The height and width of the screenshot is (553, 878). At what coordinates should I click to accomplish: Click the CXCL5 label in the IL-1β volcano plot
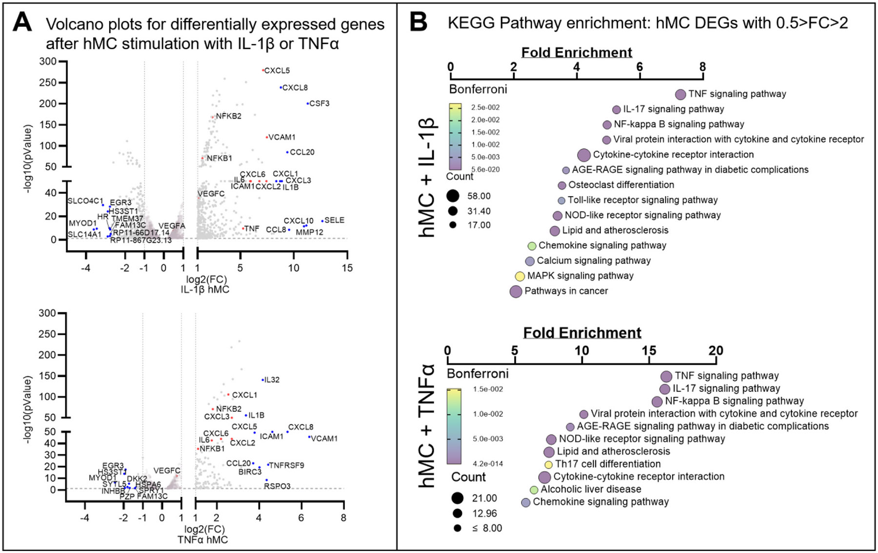coord(277,71)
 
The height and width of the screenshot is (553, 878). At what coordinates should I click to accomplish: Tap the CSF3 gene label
coord(319,103)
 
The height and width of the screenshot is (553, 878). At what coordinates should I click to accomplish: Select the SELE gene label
coord(334,220)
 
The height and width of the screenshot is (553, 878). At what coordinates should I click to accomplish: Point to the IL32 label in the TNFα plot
coord(272,380)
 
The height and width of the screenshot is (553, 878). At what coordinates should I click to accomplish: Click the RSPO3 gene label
coord(277,486)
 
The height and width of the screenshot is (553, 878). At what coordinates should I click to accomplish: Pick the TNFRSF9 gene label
coord(287,465)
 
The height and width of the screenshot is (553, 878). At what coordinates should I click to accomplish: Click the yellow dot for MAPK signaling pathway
coord(520,276)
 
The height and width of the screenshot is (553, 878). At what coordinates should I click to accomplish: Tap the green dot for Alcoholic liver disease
coord(534,490)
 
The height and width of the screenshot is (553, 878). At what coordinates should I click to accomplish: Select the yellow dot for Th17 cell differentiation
coord(549,465)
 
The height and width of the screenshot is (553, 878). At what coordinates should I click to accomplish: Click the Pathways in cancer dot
coord(516,291)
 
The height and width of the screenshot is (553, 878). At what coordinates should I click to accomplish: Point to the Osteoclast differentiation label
coord(621,185)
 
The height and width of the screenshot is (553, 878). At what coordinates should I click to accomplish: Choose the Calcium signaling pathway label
coord(594,261)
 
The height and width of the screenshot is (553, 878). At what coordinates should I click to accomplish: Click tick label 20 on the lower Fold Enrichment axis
coord(716,350)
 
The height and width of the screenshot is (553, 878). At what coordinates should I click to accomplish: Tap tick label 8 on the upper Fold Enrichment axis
coord(702,67)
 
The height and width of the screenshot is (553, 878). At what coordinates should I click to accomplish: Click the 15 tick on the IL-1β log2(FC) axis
coord(347,268)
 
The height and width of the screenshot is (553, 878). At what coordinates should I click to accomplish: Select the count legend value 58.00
coord(479,196)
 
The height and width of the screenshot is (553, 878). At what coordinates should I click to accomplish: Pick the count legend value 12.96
coord(484,513)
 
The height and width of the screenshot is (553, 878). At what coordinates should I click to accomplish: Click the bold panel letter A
coord(22,23)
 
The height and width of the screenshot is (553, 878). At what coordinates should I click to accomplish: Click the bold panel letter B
coord(418,23)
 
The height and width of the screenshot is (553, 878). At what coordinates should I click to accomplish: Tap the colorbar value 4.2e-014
coord(488,464)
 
